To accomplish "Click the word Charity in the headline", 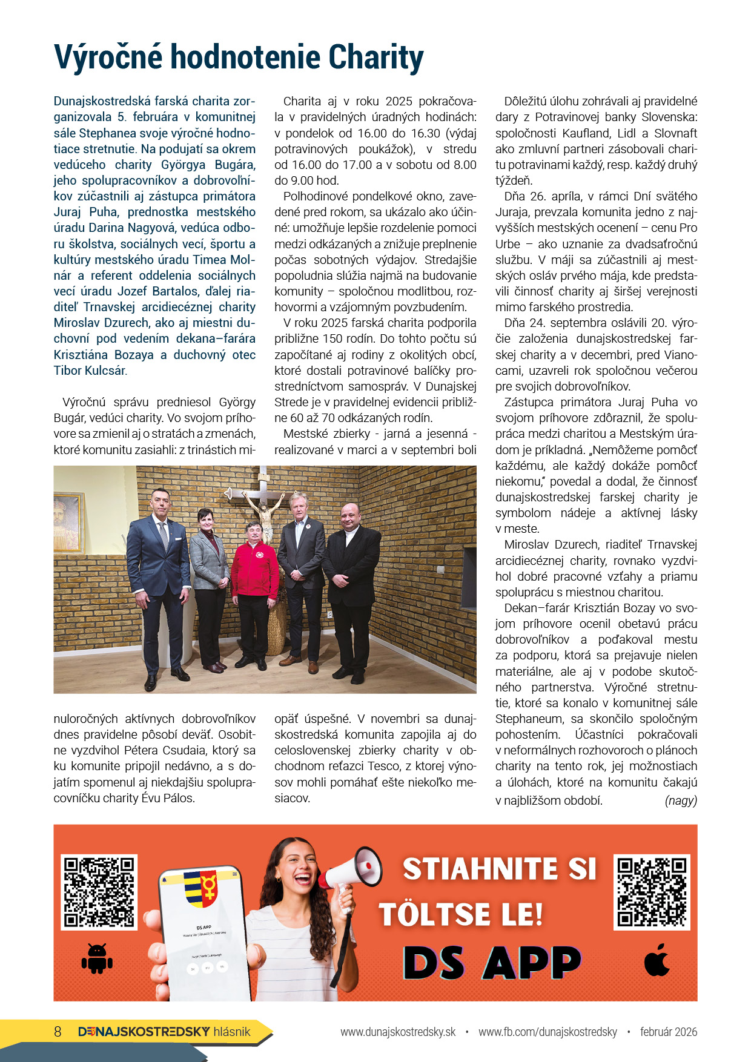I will (375, 58).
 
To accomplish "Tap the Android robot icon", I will (97, 958).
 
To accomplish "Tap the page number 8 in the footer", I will (58, 1032).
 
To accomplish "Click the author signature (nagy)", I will (681, 800).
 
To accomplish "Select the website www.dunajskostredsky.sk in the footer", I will (397, 1032).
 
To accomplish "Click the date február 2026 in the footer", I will (668, 1032).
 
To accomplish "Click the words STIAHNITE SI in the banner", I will (500, 869).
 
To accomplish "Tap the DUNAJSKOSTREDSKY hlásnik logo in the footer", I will (164, 1032).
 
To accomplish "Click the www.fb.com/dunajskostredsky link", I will (548, 1032).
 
